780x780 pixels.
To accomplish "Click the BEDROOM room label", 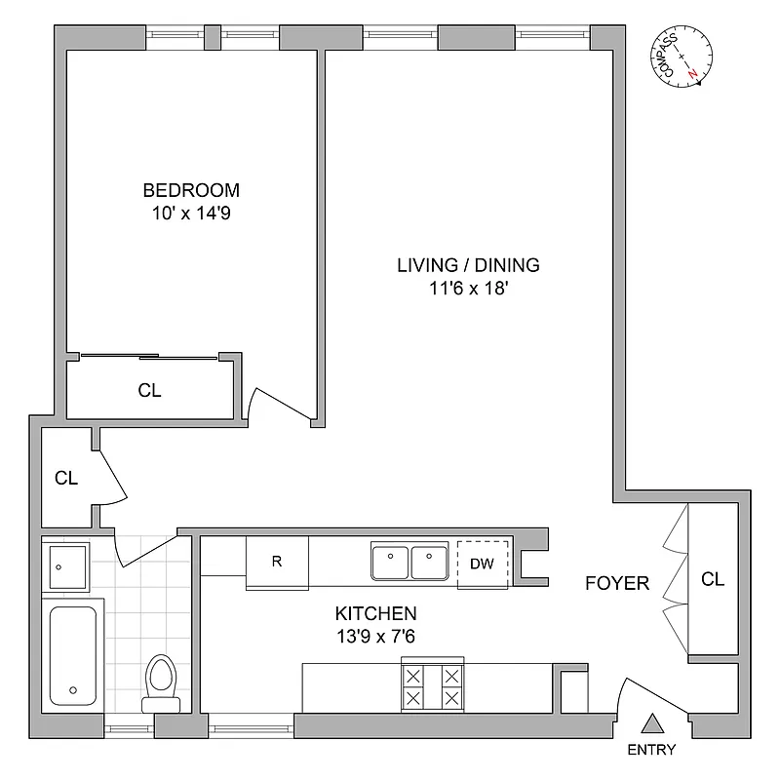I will point(191,190).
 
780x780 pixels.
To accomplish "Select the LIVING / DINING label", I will point(468,264).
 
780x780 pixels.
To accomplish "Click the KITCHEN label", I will point(376,613).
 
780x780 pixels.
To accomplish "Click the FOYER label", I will point(617,583).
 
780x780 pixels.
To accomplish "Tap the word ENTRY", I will point(651,751).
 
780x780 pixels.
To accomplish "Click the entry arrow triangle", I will point(651,723).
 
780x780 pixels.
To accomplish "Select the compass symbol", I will point(682,59).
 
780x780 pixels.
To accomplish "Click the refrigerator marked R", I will point(277,563).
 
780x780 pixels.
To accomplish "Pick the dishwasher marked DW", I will point(483,563).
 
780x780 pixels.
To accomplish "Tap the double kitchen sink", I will point(409,563).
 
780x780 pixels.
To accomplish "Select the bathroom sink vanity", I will point(66,565).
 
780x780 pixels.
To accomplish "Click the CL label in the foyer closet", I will point(713,579).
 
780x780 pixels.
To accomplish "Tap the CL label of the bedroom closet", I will point(149,390).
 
